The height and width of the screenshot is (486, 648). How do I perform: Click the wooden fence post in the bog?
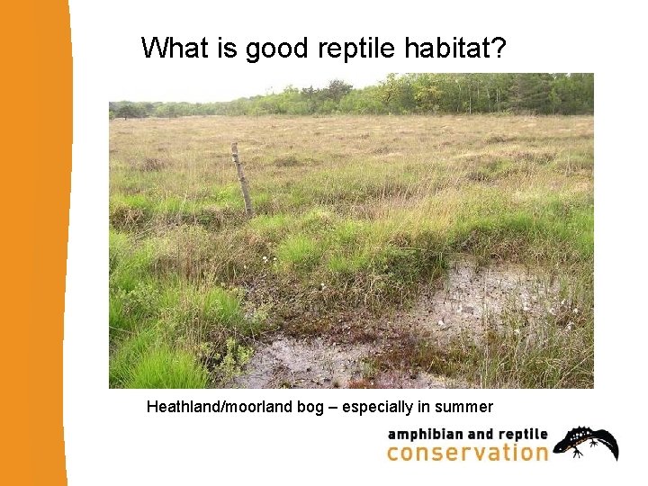click(x=241, y=178)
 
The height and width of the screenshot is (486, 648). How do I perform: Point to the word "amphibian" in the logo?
click(x=425, y=434)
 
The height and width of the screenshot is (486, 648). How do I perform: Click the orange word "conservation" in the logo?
click(x=467, y=453)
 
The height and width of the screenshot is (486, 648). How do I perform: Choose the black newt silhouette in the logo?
click(x=586, y=442)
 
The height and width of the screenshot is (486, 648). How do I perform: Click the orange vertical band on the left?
click(x=34, y=243)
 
